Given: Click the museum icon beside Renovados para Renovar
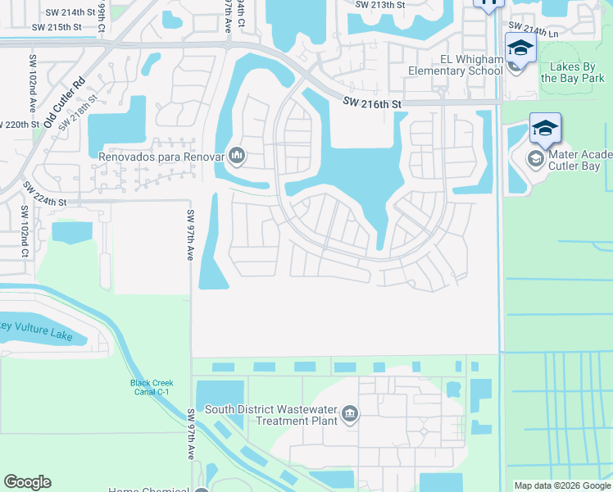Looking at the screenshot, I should tap(238, 154).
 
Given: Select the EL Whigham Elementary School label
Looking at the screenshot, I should tap(456, 65).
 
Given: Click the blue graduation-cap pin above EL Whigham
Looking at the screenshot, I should tap(520, 48).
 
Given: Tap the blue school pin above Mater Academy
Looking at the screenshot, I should tap(545, 128).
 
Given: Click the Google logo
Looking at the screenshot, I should tap(27, 482).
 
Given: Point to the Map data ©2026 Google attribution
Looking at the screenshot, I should tap(562, 485).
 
